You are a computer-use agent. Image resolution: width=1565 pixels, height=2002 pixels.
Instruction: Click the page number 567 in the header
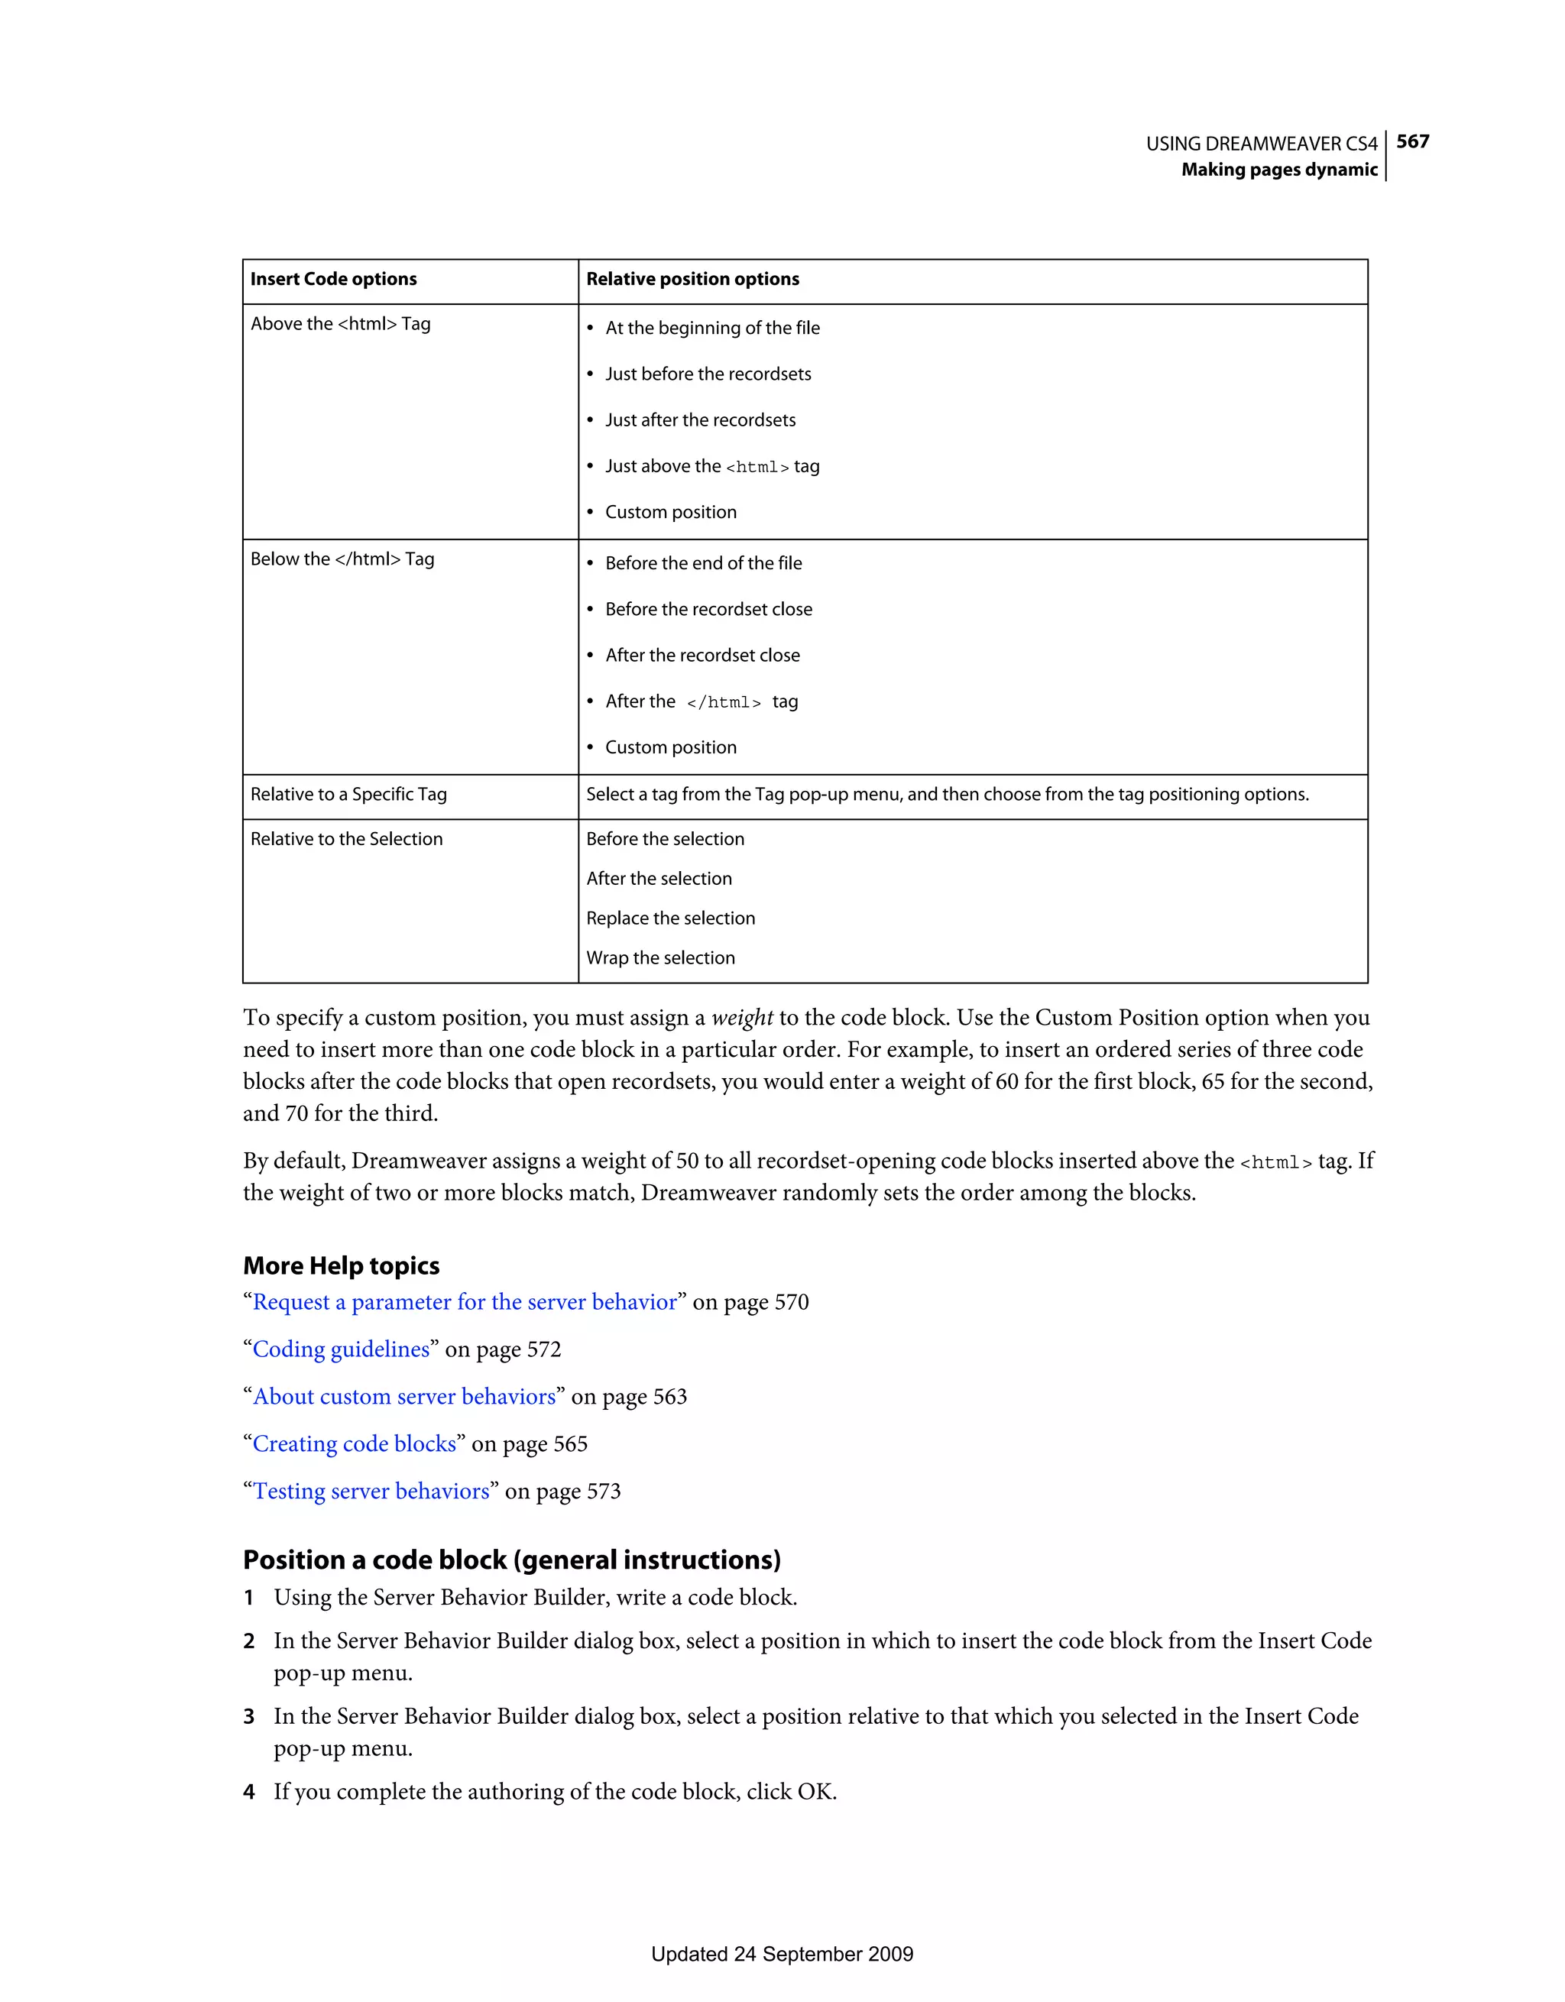1412,141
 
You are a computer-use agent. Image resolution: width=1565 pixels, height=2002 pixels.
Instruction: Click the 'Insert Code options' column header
334,279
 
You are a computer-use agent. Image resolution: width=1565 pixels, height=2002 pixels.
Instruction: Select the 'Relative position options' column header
692,279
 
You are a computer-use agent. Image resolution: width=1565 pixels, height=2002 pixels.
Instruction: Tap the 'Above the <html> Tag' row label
340,323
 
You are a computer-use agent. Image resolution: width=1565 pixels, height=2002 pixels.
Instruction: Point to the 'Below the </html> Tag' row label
342,559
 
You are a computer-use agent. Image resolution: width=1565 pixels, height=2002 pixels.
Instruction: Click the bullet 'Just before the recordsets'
708,374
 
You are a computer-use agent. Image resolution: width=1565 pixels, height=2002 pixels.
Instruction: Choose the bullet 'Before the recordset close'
708,610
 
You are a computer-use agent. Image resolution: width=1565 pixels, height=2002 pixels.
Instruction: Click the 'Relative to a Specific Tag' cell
348,795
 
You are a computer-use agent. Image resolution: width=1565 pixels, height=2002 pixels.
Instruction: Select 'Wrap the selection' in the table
660,958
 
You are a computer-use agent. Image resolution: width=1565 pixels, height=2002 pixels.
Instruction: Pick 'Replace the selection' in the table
670,918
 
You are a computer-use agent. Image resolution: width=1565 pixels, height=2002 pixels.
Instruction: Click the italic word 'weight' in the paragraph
742,1019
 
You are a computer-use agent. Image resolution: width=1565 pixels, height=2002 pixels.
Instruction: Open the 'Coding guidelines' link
341,1349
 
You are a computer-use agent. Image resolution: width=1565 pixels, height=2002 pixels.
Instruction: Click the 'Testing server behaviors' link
371,1492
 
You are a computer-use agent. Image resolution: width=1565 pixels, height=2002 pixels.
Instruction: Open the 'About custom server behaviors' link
404,1397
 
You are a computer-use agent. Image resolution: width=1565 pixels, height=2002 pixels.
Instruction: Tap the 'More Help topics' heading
341,1266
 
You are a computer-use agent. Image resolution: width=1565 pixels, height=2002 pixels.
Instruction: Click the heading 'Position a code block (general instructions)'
511,1560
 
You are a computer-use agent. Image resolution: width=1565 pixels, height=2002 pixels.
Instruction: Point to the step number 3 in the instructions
248,1717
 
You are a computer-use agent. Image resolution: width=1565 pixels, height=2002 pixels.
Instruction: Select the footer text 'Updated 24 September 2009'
782,1955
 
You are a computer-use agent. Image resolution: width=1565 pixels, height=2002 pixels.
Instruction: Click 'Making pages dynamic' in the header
1279,170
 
